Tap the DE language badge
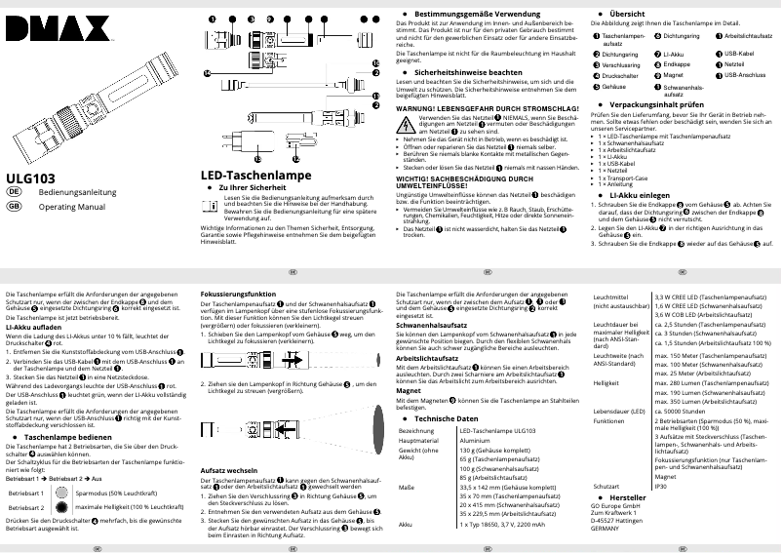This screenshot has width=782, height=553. coord(14,194)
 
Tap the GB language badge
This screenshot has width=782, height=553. coord(14,207)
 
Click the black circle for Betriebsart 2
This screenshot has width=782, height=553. coord(61,508)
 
